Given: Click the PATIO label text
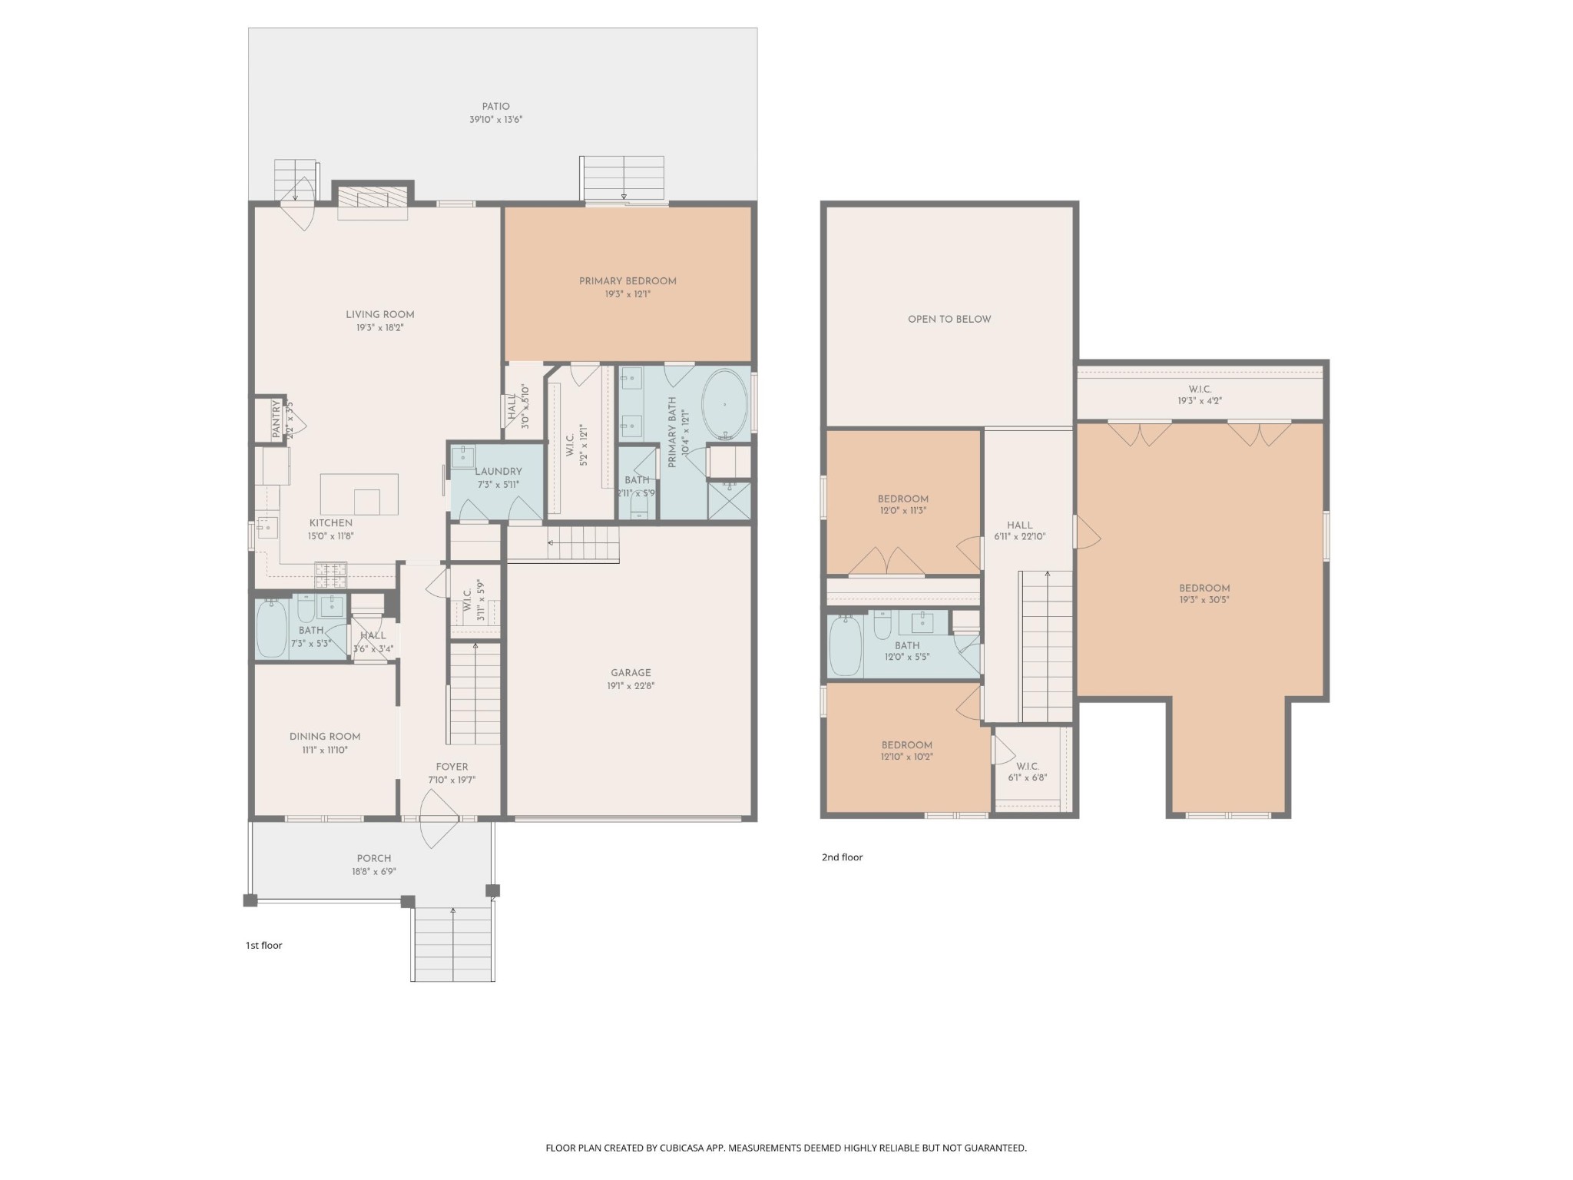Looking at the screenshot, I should pyautogui.click(x=495, y=107).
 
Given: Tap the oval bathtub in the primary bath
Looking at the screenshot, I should pyautogui.click(x=724, y=404).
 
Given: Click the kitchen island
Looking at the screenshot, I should pyautogui.click(x=359, y=494).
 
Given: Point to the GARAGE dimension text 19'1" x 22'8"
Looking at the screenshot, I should pyautogui.click(x=631, y=686).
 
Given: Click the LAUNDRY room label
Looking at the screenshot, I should pyautogui.click(x=498, y=472).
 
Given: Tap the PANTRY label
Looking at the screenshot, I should pyautogui.click(x=277, y=419).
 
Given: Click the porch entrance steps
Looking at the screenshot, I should pyautogui.click(x=452, y=944).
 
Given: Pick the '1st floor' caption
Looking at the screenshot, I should pyautogui.click(x=263, y=946).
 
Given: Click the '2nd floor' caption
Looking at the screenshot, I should pyautogui.click(x=842, y=857).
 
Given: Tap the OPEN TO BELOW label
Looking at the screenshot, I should pyautogui.click(x=949, y=320).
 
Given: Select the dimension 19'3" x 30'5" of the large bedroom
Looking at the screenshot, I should pyautogui.click(x=1204, y=601).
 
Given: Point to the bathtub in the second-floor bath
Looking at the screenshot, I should pyautogui.click(x=845, y=646).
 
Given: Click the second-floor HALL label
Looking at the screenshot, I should pyautogui.click(x=1019, y=525).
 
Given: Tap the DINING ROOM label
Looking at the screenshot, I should pyautogui.click(x=324, y=737).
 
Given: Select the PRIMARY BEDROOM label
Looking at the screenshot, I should pyautogui.click(x=628, y=281).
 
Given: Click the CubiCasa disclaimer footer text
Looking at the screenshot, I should pyautogui.click(x=786, y=1148).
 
